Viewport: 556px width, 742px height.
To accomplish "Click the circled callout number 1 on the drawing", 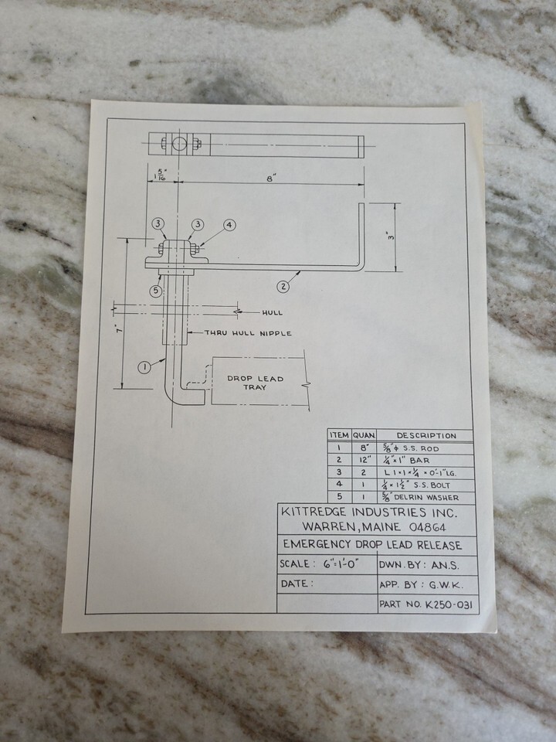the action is (x=144, y=367).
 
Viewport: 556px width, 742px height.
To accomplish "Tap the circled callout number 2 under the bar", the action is (x=283, y=287).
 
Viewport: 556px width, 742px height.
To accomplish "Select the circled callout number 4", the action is (x=229, y=225).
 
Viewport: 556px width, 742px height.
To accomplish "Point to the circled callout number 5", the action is (x=156, y=291).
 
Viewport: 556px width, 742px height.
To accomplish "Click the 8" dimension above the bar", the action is (x=271, y=178).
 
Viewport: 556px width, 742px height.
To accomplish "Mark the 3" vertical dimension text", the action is (x=392, y=237).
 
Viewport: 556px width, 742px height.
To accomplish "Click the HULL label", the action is (x=272, y=313).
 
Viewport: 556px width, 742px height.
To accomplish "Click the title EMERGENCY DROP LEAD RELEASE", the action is (x=372, y=546).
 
